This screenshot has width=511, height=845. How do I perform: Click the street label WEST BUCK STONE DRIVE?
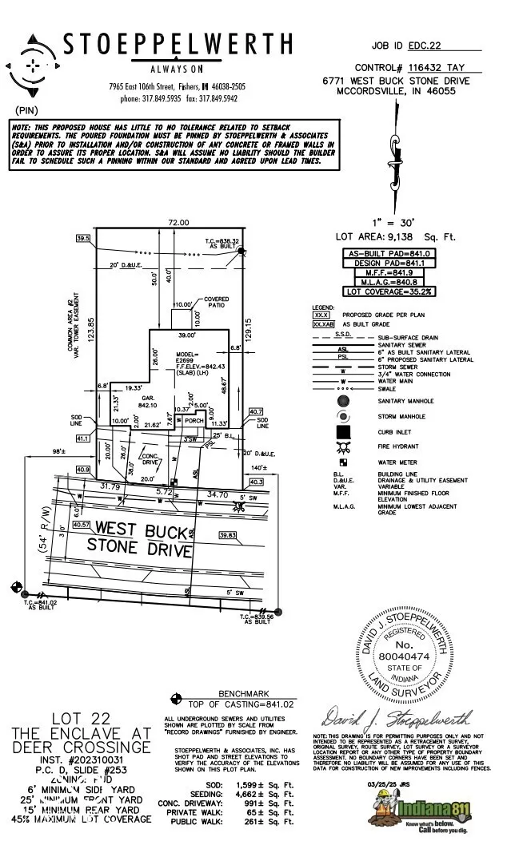tap(142, 539)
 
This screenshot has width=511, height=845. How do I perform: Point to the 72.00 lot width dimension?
tap(178, 222)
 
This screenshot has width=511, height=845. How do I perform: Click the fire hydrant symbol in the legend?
tap(343, 448)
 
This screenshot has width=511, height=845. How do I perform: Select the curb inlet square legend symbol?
tap(343, 432)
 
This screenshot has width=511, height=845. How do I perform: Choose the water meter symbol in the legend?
tap(343, 462)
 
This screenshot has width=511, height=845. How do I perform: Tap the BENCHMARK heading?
tap(244, 694)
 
